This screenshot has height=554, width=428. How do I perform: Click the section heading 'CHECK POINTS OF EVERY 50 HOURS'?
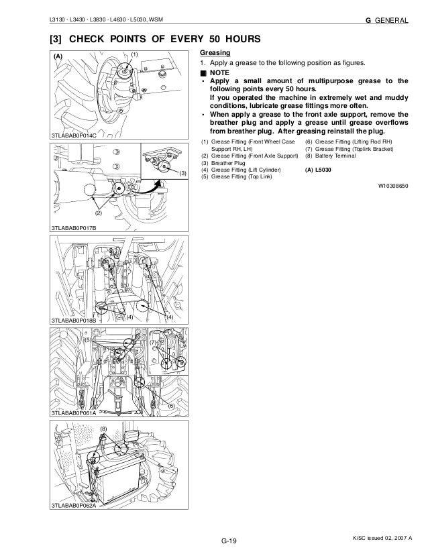pyautogui.click(x=144, y=38)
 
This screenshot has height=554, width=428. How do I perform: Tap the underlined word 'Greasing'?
pyautogui.click(x=214, y=52)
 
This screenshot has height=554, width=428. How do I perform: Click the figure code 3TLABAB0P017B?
pyautogui.click(x=74, y=229)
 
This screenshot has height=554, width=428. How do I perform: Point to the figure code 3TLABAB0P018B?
pyautogui.click(x=74, y=321)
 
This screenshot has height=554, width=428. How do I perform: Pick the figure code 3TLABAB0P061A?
pyautogui.click(x=74, y=414)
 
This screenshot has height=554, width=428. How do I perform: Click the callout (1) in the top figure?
pyautogui.click(x=134, y=53)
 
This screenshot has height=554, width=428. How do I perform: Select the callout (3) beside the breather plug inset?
pyautogui.click(x=182, y=174)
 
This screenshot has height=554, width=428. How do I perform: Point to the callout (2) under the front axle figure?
pyautogui.click(x=97, y=213)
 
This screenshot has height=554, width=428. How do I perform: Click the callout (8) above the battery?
pyautogui.click(x=103, y=428)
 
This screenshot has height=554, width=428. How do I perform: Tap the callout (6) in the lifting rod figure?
pyautogui.click(x=171, y=406)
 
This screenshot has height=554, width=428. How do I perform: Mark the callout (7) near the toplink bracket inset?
pyautogui.click(x=153, y=343)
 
